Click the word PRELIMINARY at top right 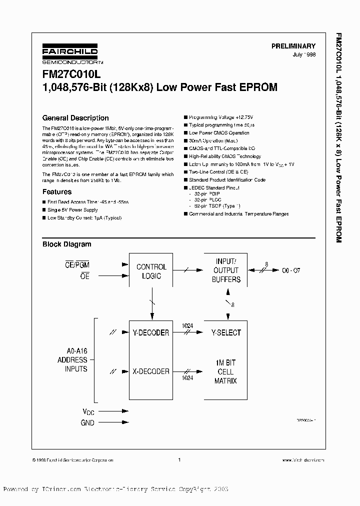click(x=293, y=45)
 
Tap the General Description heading click(x=75, y=118)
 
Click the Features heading click(x=57, y=191)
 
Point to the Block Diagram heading click(x=66, y=244)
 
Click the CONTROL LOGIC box click(x=151, y=271)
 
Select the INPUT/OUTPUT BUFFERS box click(x=226, y=270)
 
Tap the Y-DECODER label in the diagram click(x=151, y=332)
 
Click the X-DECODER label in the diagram click(x=151, y=371)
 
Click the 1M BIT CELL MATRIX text click(x=225, y=371)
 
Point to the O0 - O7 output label click(x=290, y=270)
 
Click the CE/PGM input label click(x=78, y=264)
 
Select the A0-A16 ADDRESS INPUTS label click(x=72, y=360)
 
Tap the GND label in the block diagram click(x=87, y=422)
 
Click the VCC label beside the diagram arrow click(x=87, y=411)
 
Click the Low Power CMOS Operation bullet click(x=219, y=133)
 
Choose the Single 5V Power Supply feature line click(x=72, y=210)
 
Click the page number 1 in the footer click(x=179, y=459)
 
